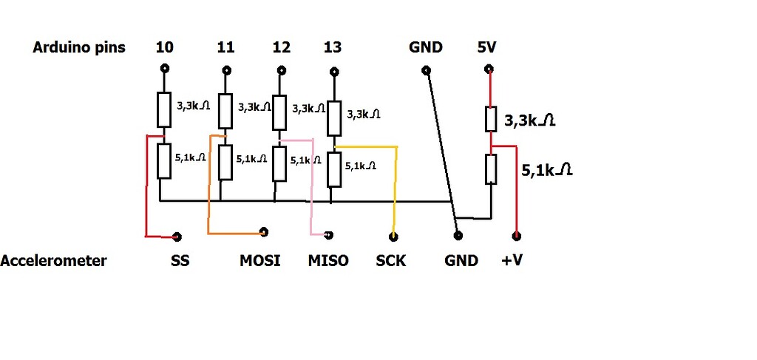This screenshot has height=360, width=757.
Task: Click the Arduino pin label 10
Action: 165,48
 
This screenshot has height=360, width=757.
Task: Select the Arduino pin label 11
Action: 226,48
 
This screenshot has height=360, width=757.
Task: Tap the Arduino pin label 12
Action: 281,48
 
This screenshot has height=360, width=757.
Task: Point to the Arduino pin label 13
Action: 333,48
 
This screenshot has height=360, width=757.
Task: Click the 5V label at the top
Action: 487,48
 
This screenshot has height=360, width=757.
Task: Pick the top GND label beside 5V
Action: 426,48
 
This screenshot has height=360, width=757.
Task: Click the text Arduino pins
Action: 79,48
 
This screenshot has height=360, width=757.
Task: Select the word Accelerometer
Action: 53,261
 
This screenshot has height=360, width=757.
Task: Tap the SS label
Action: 180,261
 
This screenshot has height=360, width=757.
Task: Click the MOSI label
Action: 260,261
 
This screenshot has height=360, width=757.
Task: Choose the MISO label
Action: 328,261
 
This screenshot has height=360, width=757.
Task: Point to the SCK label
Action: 391,261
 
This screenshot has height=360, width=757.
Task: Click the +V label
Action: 512,261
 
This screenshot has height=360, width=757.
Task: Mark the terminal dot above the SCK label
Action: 393,237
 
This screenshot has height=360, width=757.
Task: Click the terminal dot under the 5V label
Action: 488,71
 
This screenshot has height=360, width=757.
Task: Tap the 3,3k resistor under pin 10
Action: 165,109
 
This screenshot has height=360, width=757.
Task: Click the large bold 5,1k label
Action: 547,170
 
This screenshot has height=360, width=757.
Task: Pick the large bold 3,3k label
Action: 529,120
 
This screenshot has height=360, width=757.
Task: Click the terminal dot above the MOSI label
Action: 264,232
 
